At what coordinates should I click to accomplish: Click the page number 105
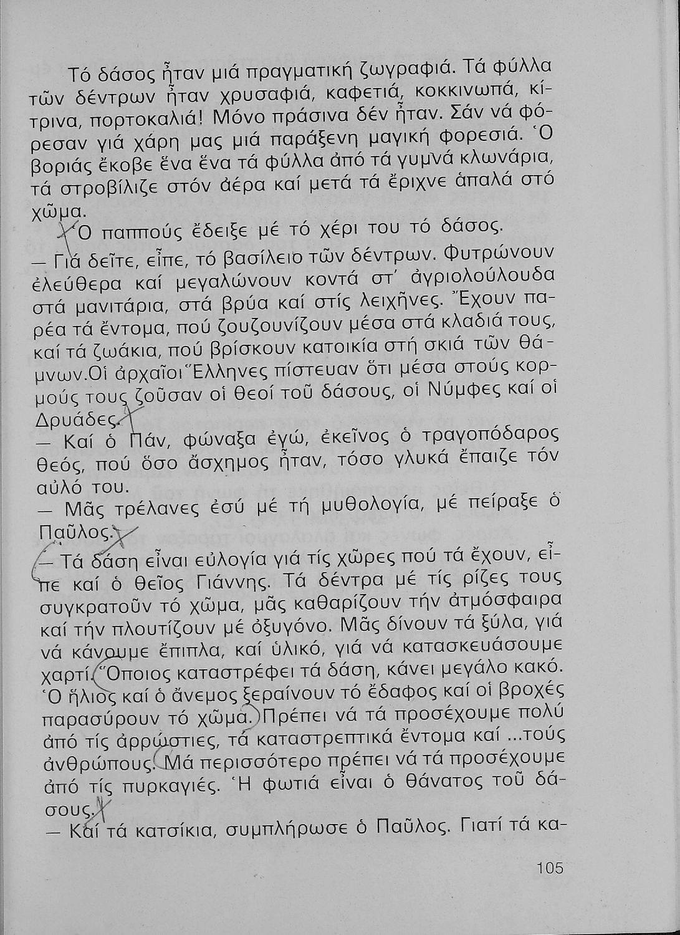tap(548, 868)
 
